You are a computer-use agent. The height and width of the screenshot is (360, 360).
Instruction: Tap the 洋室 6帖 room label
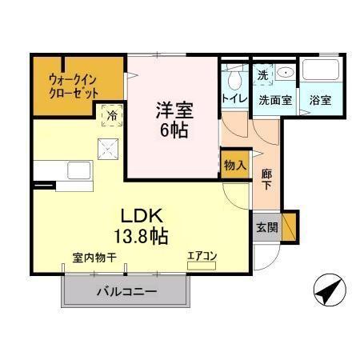pyautogui.click(x=173, y=118)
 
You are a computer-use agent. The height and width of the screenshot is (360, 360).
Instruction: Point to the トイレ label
pyautogui.click(x=234, y=99)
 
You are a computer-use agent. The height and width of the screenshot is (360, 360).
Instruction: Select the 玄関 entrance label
pyautogui.click(x=267, y=227)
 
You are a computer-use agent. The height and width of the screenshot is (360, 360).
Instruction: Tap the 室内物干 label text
pyautogui.click(x=95, y=257)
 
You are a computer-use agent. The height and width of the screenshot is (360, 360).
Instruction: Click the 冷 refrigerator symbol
pyautogui.click(x=112, y=115)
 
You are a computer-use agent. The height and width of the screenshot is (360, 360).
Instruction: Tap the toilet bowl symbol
pyautogui.click(x=234, y=79)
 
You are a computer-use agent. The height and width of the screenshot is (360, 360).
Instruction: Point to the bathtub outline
pyautogui.click(x=323, y=71)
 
